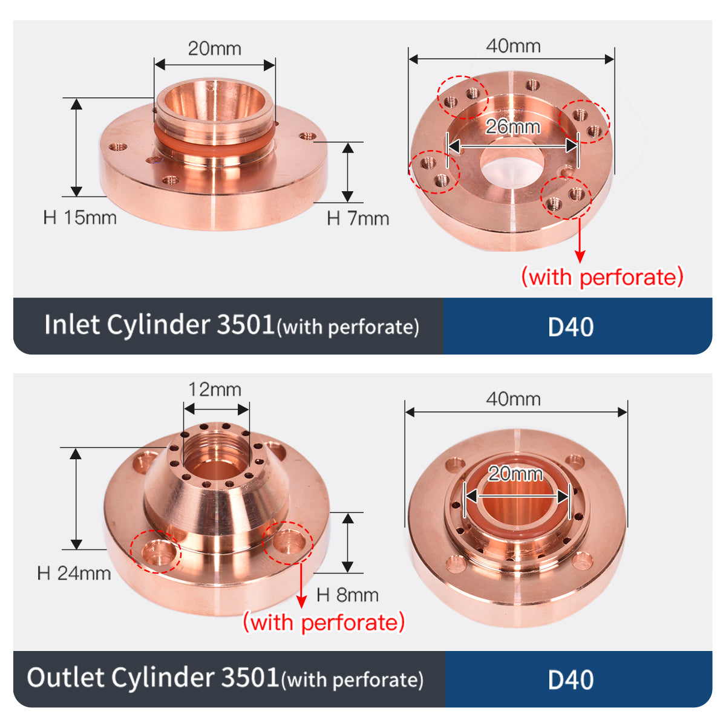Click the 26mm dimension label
[512, 127]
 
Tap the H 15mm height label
[80, 218]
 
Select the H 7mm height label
[358, 218]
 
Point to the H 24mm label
[74, 573]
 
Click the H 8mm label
[347, 595]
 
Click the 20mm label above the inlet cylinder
[214, 48]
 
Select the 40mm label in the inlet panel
[513, 46]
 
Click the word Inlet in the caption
[71, 325]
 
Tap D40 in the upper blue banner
[571, 327]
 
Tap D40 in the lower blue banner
[571, 680]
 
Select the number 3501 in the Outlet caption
[250, 677]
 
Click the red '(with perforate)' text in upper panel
[603, 277]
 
